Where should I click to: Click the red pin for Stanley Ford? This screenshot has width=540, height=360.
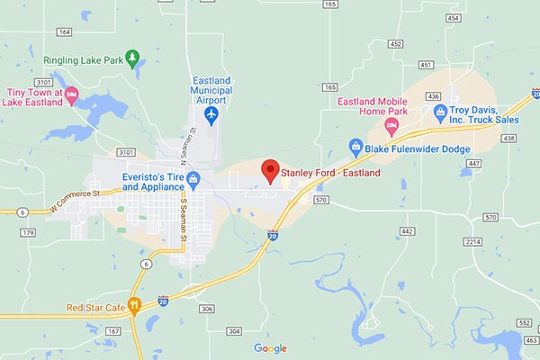pyautogui.click(x=269, y=170)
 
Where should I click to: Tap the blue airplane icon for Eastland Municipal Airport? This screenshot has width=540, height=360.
pyautogui.click(x=211, y=115)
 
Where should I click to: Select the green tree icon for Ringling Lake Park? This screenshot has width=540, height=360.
pyautogui.click(x=133, y=59)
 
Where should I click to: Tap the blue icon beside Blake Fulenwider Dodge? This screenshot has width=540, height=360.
pyautogui.click(x=356, y=148)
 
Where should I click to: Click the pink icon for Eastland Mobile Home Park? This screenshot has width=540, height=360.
pyautogui.click(x=391, y=123)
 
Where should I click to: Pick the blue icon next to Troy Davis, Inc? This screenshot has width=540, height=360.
pyautogui.click(x=440, y=112)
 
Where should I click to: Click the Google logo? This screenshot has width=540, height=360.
pyautogui.click(x=270, y=348)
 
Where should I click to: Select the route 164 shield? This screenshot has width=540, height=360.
pyautogui.click(x=63, y=31)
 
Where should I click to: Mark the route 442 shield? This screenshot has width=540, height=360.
pyautogui.click(x=408, y=231)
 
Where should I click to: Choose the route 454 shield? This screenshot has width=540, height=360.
pyautogui.click(x=453, y=17)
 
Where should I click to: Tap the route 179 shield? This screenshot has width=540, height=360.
pyautogui.click(x=28, y=233)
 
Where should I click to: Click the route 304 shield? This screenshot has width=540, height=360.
pyautogui.click(x=234, y=331)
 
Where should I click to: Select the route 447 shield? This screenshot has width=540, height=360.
pyautogui.click(x=473, y=163)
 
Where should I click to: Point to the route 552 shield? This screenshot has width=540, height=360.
pyautogui.click(x=525, y=321)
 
